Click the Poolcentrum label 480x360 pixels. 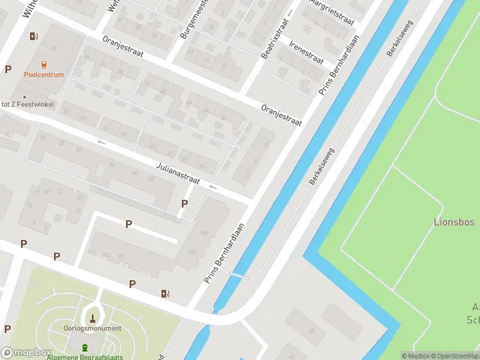pyautogui.click(x=44, y=75)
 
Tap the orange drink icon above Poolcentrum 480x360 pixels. pyautogui.click(x=44, y=65)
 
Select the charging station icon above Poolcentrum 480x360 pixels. pyautogui.click(x=34, y=36)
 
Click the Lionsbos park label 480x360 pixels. pyautogui.click(x=454, y=222)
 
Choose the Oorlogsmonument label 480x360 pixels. pyautogui.click(x=92, y=328)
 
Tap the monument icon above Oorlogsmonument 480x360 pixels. pyautogui.click(x=93, y=317)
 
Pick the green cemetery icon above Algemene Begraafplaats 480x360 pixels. pyautogui.click(x=85, y=347)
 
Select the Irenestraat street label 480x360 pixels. pyautogui.click(x=306, y=53)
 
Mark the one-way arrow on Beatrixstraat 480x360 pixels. pyautogui.click(x=290, y=12)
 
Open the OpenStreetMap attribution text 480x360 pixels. pyautogui.click(x=457, y=356)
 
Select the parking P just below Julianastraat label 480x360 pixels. pyautogui.click(x=184, y=204)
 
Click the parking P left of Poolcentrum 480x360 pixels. pyautogui.click(x=8, y=69)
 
